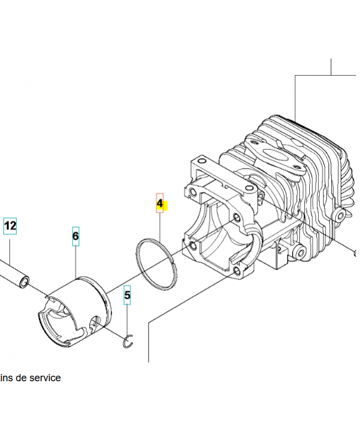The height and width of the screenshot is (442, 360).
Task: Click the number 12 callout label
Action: (10, 226)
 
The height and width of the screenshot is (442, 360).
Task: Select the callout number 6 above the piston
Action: (76, 236)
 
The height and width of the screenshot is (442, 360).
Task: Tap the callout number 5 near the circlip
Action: (128, 296)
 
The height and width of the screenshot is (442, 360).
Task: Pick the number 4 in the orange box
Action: (160, 203)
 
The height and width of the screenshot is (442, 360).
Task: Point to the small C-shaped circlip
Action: (129, 343)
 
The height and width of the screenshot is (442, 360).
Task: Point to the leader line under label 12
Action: (10, 245)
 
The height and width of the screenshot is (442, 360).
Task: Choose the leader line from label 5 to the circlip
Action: (128, 320)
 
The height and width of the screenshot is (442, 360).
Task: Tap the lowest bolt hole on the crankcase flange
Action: (237, 271)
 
